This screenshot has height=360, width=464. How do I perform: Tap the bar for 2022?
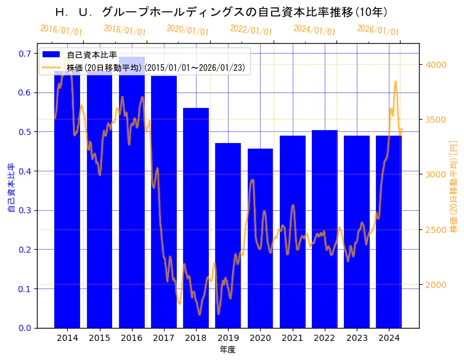325,229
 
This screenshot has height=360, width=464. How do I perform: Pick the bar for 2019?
228,235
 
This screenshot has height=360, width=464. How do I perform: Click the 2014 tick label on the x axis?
67,338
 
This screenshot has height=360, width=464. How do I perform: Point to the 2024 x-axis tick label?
389,338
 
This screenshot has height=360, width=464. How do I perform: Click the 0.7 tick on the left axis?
25,54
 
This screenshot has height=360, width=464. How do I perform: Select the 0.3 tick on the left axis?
25,210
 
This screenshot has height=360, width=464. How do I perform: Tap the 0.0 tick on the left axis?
25,328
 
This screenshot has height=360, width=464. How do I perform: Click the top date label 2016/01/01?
61,30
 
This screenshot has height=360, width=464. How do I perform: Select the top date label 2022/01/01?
251,30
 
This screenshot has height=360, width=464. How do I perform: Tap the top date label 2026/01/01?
378,30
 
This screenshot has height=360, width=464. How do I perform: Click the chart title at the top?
221,12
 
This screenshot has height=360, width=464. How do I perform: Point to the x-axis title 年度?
227,350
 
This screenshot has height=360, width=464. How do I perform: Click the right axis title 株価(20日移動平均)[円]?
454,186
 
